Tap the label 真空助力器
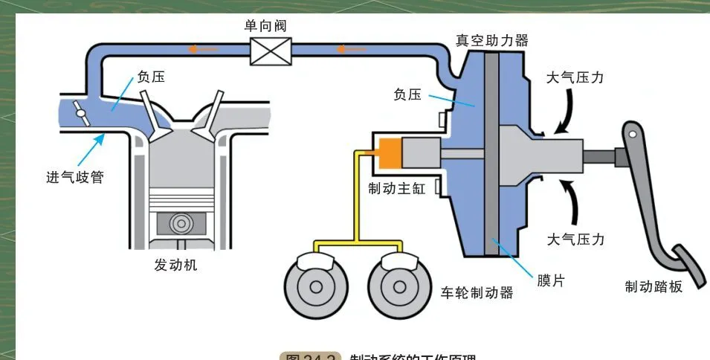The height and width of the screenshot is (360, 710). (491, 40)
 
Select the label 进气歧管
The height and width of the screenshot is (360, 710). (74, 177)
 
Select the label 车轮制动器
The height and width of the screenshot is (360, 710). (477, 292)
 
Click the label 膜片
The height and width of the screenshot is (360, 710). (551, 280)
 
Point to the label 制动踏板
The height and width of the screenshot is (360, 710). (653, 286)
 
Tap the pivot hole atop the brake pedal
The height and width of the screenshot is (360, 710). (633, 134)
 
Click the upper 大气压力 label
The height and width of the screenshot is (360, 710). (575, 77)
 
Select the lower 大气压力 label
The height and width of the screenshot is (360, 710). (575, 240)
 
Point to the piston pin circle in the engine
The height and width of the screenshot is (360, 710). (179, 223)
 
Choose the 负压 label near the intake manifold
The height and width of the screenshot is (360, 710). (150, 77)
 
